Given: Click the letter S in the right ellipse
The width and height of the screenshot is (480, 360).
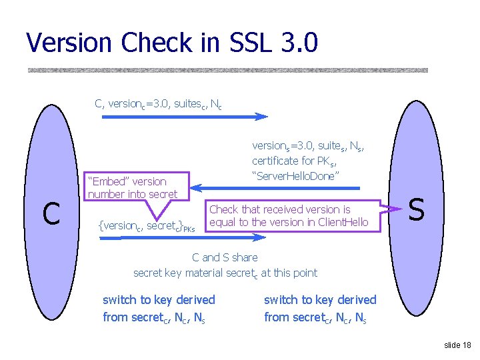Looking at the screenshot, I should (x=416, y=210).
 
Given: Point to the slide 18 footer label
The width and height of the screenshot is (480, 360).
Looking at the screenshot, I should (x=457, y=345).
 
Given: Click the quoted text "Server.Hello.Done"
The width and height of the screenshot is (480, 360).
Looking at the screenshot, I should (x=295, y=175).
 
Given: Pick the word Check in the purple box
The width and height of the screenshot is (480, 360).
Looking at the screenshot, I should (x=224, y=209).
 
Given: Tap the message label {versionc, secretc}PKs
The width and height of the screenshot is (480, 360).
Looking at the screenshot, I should (x=147, y=226).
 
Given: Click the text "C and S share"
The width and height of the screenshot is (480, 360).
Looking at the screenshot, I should (x=225, y=257).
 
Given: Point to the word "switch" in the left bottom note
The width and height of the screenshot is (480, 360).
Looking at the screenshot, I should (x=119, y=300).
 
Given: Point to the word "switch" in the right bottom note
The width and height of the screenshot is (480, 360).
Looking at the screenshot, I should (x=280, y=300).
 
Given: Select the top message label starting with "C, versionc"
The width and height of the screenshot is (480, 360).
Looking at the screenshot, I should (x=159, y=104).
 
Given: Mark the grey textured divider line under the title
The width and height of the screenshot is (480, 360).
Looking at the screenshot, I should (x=227, y=70).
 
